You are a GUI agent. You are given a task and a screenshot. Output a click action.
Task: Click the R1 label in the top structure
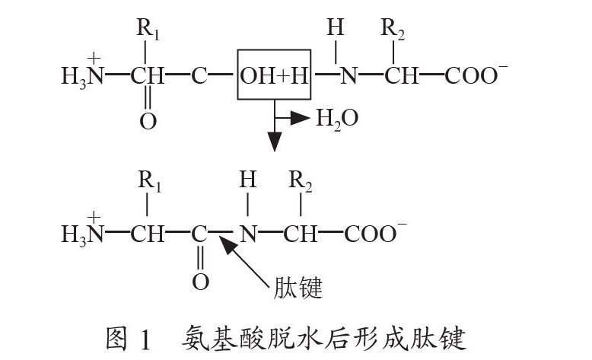(x=148, y=31)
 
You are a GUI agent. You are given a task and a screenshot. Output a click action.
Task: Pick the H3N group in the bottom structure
(x=81, y=233)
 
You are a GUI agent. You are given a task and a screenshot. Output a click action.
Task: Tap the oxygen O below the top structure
(x=148, y=121)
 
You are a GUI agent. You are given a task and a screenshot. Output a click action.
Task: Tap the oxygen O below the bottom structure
(x=200, y=282)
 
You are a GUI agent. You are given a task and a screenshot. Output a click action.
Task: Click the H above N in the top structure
(x=336, y=29)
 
